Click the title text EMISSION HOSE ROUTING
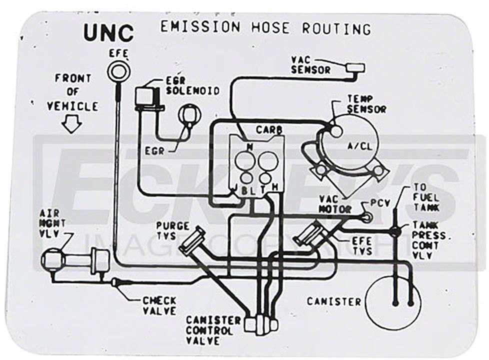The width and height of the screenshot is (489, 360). coord(265,27)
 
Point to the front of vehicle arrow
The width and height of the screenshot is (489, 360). coord(72,124)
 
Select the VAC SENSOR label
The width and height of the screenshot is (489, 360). coord(310,65)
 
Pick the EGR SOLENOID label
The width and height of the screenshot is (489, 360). coord(192,85)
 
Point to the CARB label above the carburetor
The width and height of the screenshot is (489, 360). coord(269,130)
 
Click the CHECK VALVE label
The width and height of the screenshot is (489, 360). coord(159,305)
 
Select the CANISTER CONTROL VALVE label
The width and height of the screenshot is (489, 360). coord(209,330)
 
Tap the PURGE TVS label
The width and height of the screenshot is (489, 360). coord(172,230)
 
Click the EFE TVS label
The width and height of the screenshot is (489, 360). coord(361,245)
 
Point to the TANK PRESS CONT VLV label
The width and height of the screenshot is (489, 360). coord(429,240)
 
